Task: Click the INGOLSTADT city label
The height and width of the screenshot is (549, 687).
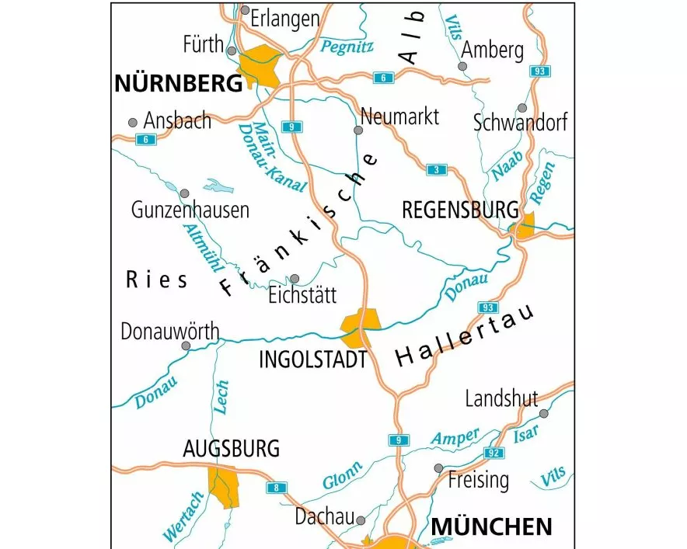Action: (x=312, y=360)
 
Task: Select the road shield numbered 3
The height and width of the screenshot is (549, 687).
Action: (x=437, y=169)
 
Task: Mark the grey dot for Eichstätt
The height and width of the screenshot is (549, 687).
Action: (x=295, y=279)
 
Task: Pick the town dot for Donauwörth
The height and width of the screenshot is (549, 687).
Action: (x=185, y=346)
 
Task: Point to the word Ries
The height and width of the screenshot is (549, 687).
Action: (x=156, y=280)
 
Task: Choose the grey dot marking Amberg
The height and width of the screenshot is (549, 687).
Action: (x=462, y=67)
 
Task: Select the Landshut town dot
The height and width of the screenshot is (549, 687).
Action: (x=543, y=414)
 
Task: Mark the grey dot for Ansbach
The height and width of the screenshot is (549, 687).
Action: (x=133, y=123)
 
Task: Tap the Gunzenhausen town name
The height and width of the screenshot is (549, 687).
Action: (x=190, y=210)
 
